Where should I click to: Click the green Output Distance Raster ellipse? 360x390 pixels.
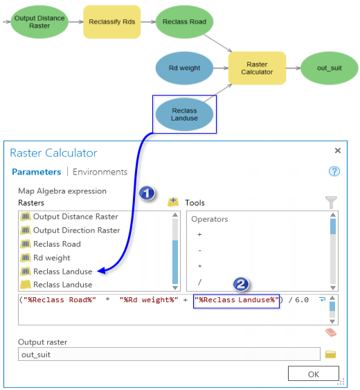click(x=39, y=21)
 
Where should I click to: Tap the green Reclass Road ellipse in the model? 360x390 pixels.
click(x=184, y=21)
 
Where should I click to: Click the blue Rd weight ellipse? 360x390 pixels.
click(x=184, y=68)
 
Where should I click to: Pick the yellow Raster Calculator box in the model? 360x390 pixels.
click(x=258, y=68)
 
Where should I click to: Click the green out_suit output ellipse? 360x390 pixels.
click(x=330, y=68)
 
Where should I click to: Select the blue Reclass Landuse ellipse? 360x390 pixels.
click(x=184, y=114)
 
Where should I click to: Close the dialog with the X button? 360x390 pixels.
click(x=338, y=150)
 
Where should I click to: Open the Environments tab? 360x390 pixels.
click(x=100, y=172)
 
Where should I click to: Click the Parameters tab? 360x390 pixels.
click(x=36, y=172)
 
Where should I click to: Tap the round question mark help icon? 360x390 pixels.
click(x=334, y=172)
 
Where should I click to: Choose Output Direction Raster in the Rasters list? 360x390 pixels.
click(x=76, y=230)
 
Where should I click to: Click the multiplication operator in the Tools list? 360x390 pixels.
click(x=201, y=266)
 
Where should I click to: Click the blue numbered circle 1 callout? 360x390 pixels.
click(x=146, y=193)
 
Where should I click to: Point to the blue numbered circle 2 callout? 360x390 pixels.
click(x=240, y=284)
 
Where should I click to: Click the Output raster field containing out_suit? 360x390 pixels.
click(x=170, y=355)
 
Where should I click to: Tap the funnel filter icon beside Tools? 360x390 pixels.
click(x=331, y=202)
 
